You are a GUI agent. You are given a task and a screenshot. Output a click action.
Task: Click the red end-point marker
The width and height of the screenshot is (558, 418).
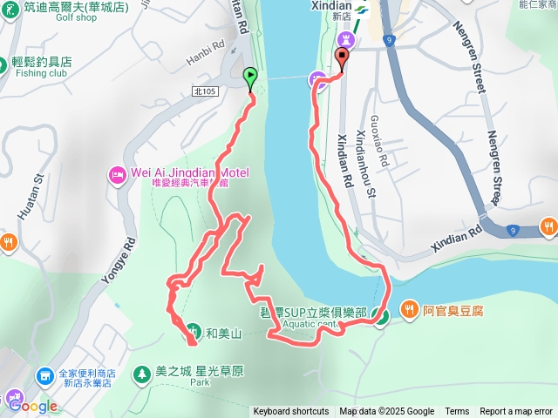(341, 58)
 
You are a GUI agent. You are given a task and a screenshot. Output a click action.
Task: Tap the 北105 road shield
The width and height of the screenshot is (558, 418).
(203, 91)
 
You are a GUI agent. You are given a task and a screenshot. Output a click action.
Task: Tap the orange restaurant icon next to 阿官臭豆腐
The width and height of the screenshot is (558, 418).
(410, 309)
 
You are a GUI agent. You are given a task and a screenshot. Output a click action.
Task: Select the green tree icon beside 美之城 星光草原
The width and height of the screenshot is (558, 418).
(140, 373)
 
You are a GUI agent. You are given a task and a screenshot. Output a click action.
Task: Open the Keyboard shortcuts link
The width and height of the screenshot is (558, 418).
(291, 412)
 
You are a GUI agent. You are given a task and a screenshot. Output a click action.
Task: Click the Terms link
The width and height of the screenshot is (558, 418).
(457, 412)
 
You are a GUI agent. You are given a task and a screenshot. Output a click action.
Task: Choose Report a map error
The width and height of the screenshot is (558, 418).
(516, 412)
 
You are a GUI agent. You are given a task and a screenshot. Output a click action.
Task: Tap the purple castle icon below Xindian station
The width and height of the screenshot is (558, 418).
(347, 39)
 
